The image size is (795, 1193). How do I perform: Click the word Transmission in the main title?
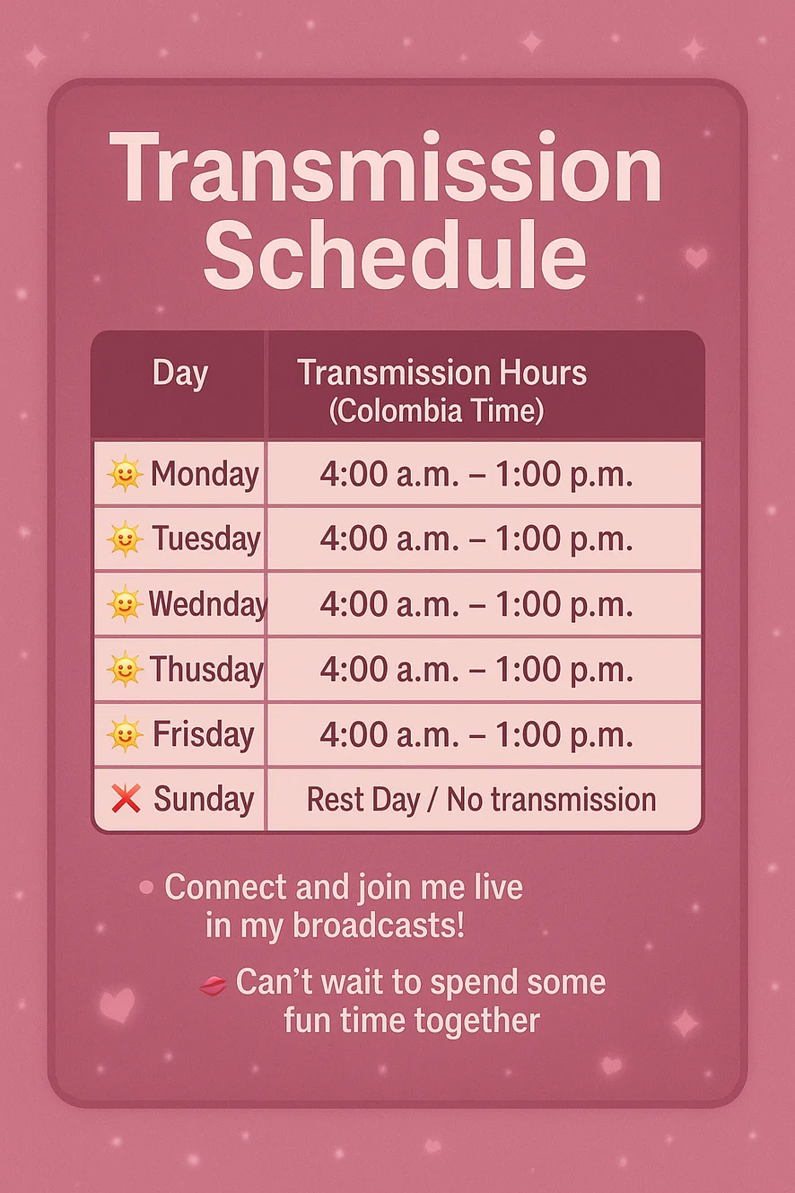coord(385,167)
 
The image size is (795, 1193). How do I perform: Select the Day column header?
coord(180,373)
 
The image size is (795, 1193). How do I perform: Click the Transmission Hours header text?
coord(442,372)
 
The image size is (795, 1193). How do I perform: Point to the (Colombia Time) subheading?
coord(437,411)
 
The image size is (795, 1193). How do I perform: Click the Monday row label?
coord(205,474)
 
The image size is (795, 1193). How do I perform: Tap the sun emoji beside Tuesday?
coord(125,539)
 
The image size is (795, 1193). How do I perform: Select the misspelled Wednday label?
coord(207,604)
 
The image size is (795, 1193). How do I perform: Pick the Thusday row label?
coord(206,670)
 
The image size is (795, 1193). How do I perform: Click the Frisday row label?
coord(204,734)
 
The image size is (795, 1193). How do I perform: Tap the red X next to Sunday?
coord(127,798)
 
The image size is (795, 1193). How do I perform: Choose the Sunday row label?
coord(204,800)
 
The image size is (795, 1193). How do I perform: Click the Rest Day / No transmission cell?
coord(481,800)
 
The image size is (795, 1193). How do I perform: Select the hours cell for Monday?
coord(476,474)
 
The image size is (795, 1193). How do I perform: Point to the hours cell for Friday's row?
coord(476,734)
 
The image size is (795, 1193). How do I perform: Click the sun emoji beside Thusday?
coord(125,669)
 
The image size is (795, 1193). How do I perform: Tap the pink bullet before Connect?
coord(146,887)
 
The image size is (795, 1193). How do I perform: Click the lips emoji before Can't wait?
coord(213,986)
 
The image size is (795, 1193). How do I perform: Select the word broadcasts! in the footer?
coord(379,926)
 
